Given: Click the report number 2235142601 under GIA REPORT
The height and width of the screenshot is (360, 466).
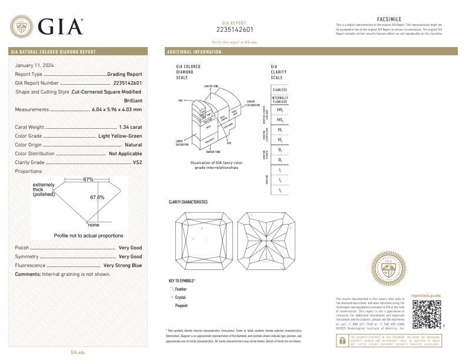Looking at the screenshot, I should (x=235, y=29).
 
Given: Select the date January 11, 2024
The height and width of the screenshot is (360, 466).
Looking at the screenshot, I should (x=34, y=65).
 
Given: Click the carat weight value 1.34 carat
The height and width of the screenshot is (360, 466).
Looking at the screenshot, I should (x=129, y=126).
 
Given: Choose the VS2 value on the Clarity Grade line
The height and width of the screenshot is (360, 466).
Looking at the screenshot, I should (x=137, y=162).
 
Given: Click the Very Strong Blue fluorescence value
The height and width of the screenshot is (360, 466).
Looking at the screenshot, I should (x=122, y=265).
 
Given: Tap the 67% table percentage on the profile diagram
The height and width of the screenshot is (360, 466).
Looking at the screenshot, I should (x=88, y=179).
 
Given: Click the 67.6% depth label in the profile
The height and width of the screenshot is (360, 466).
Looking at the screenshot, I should (x=97, y=197).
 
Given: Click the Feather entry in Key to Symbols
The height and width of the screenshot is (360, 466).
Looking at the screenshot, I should (x=181, y=289).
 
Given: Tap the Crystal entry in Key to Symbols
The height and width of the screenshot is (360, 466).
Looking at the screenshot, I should (x=181, y=298).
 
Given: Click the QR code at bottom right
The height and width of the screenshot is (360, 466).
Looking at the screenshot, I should (x=425, y=314).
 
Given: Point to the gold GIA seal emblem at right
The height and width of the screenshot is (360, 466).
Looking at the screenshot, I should (x=389, y=269).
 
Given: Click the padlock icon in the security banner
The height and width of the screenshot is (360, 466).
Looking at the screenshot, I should (x=342, y=341).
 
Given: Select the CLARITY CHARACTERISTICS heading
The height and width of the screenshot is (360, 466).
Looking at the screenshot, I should (x=188, y=202).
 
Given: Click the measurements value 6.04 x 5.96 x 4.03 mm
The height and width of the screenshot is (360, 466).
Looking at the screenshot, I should (x=117, y=109).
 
